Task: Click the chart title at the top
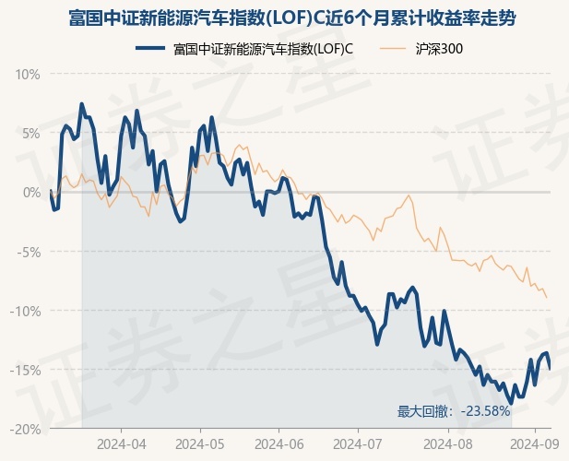(x=292, y=18)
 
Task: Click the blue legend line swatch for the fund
(x=150, y=48)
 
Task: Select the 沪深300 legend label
(x=439, y=49)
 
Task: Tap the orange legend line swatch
(x=393, y=48)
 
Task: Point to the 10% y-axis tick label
(x=28, y=75)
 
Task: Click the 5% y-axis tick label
(x=31, y=134)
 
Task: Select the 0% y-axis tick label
(x=31, y=192)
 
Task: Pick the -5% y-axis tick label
(x=29, y=252)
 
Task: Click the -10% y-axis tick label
(x=25, y=311)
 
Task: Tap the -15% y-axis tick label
(x=25, y=370)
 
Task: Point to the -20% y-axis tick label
(x=25, y=429)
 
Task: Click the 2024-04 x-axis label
(x=122, y=444)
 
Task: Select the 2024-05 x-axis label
(x=200, y=444)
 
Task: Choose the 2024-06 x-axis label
(x=279, y=444)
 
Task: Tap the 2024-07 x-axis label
(x=358, y=444)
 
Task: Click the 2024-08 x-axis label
(x=448, y=444)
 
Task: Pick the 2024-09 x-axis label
(x=535, y=444)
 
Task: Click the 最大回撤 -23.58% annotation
(x=454, y=411)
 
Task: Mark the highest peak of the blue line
(x=82, y=104)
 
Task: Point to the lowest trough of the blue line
(x=511, y=403)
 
